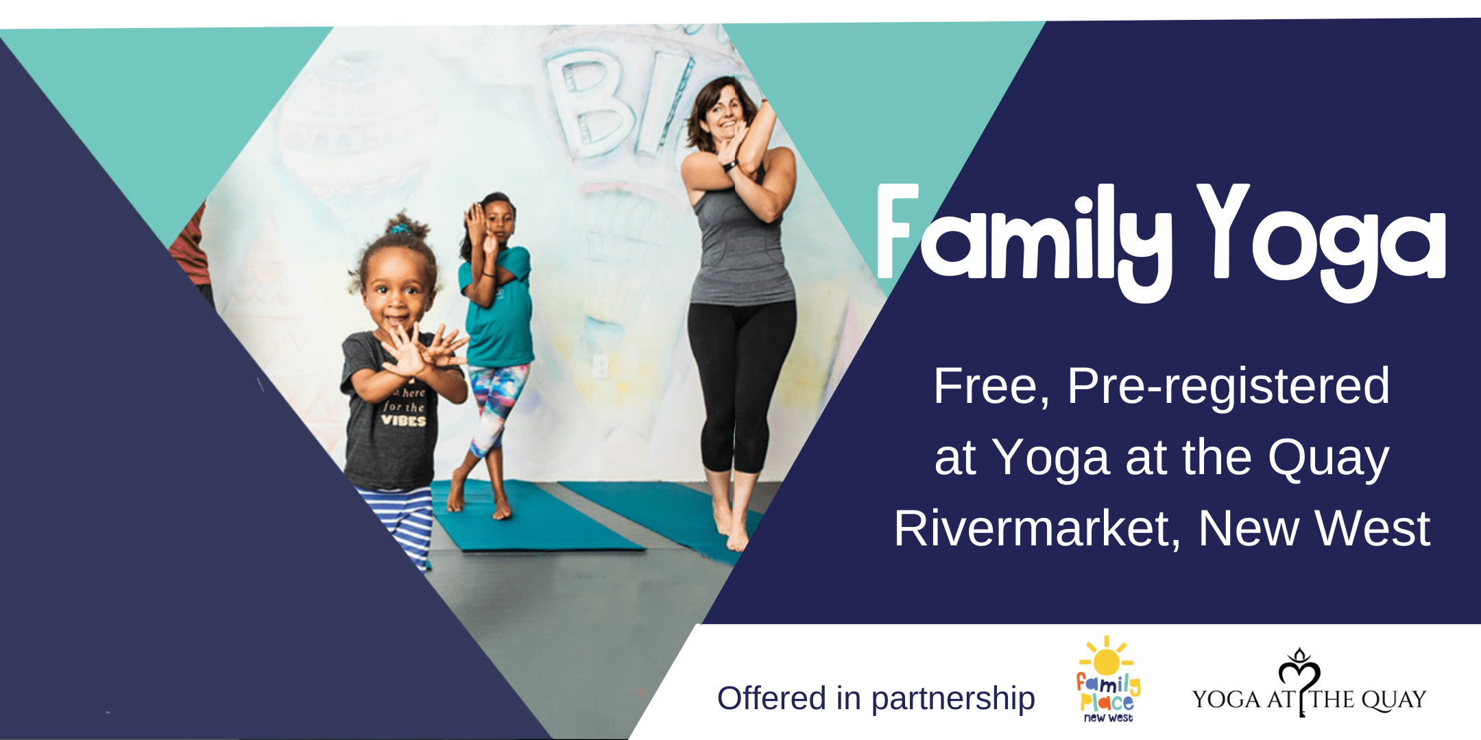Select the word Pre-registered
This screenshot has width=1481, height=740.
pyautogui.click(x=1228, y=386)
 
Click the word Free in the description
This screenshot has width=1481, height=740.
pyautogui.click(x=991, y=386)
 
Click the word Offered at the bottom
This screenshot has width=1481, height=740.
pyautogui.click(x=771, y=699)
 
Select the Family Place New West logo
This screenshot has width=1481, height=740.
pyautogui.click(x=1107, y=678)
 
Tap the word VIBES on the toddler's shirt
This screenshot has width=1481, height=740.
pyautogui.click(x=404, y=421)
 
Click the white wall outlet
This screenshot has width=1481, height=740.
pyautogui.click(x=600, y=365)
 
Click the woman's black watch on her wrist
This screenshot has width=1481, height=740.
pyautogui.click(x=730, y=166)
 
